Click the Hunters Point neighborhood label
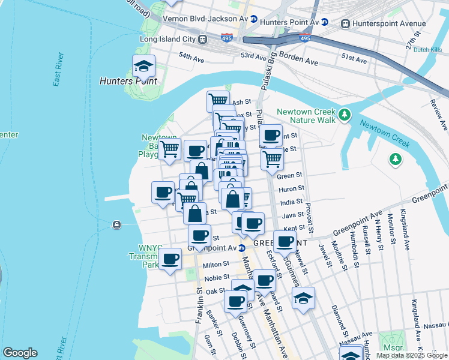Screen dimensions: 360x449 [x=128, y=80]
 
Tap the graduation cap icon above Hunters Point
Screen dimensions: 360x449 [x=144, y=66]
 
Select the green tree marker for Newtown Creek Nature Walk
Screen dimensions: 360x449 [x=345, y=114]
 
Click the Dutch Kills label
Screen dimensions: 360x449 [x=428, y=50]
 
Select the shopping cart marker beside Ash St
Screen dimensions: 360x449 [x=218, y=101]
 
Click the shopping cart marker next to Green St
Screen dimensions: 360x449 [x=272, y=160]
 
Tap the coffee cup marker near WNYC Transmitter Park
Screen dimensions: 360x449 [x=171, y=259]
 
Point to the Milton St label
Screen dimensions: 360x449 [x=216, y=264]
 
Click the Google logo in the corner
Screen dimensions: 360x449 [x=20, y=353]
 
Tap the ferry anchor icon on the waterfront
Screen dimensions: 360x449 [x=116, y=225]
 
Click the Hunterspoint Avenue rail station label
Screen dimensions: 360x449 [x=382, y=23]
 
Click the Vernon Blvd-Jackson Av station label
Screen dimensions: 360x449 [x=206, y=19]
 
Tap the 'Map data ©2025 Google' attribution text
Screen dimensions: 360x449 [x=412, y=355]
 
